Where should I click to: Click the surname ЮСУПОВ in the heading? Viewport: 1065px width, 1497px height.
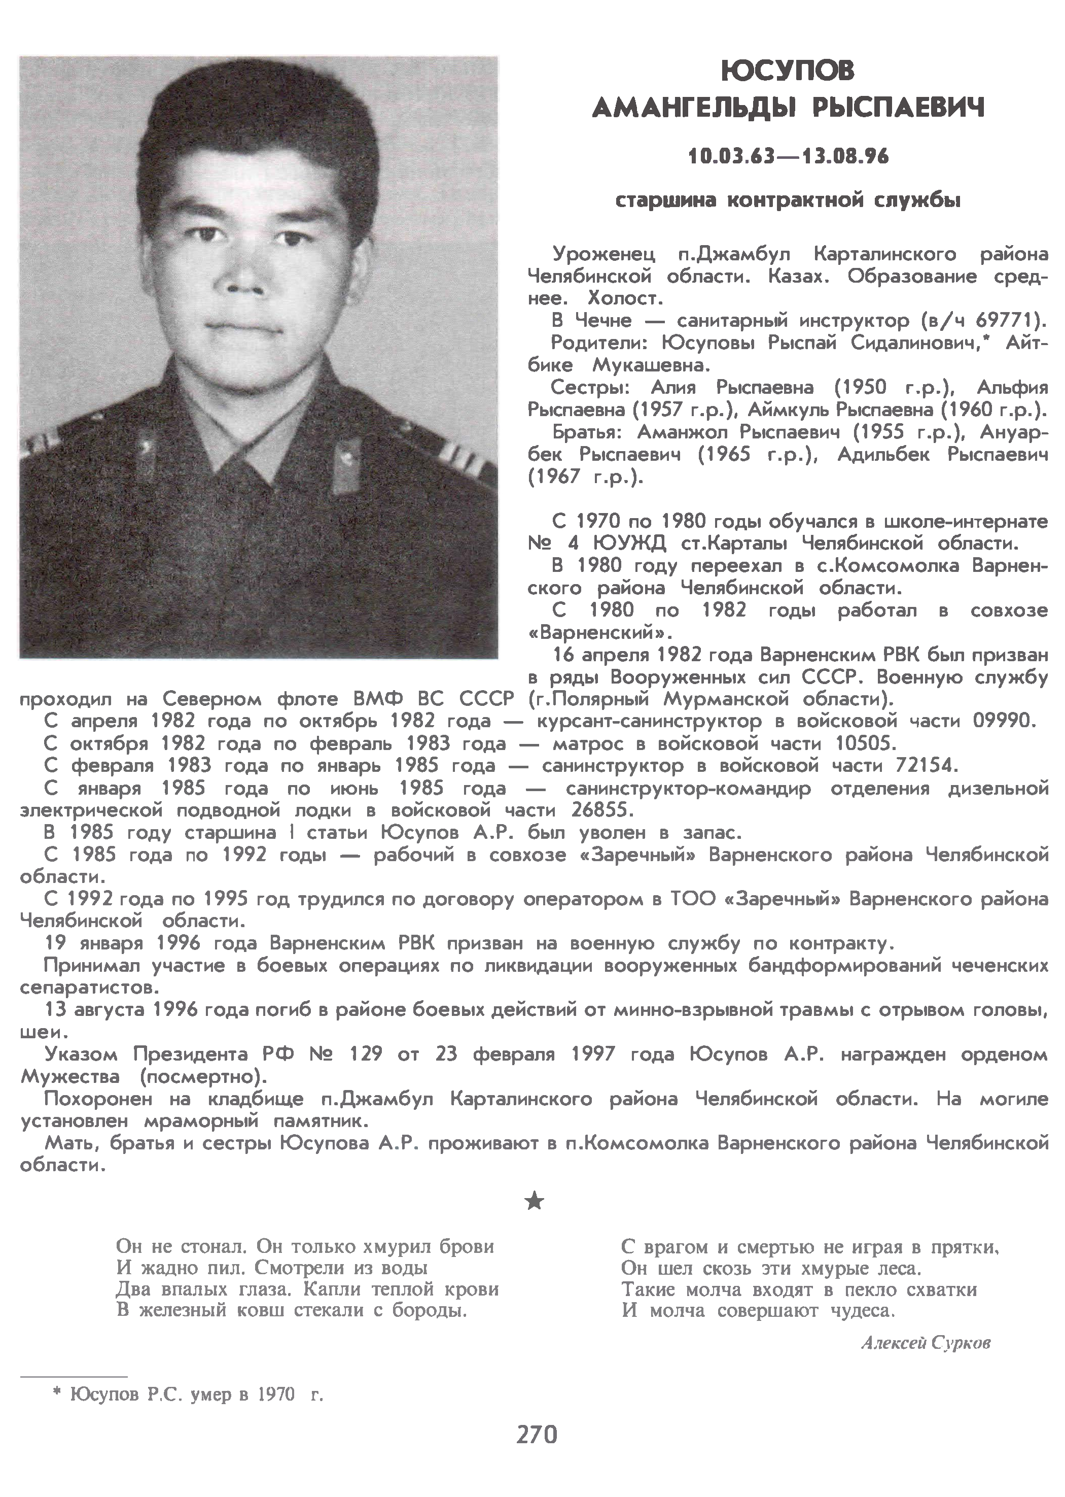[788, 72]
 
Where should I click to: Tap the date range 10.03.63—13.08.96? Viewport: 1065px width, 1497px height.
[788, 157]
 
